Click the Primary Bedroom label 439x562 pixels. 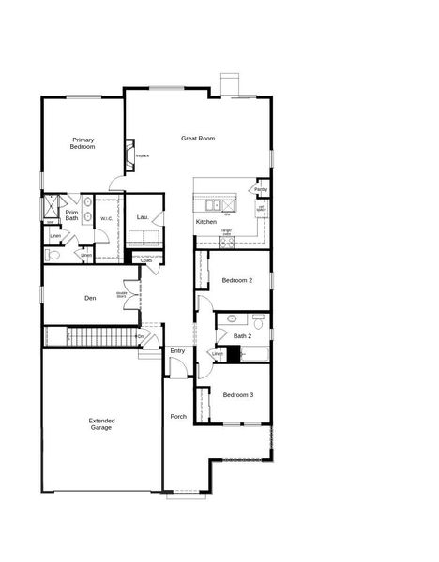coord(83,143)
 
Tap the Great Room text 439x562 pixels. coord(198,139)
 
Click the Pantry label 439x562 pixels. coord(261,189)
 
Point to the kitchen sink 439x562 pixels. coord(215,204)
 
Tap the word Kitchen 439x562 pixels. coord(206,222)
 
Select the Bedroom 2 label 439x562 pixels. coord(237,280)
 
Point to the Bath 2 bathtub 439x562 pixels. coord(253,354)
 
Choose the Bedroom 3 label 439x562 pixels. coord(237,395)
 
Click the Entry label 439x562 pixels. coord(177,351)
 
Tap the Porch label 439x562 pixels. coord(177,417)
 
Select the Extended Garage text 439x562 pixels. coord(101,423)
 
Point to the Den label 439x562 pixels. coord(90,298)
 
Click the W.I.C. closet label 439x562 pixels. coord(107,219)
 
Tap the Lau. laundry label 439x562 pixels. coord(143,217)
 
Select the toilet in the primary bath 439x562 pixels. coord(53,254)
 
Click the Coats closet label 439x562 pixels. coord(146,260)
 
